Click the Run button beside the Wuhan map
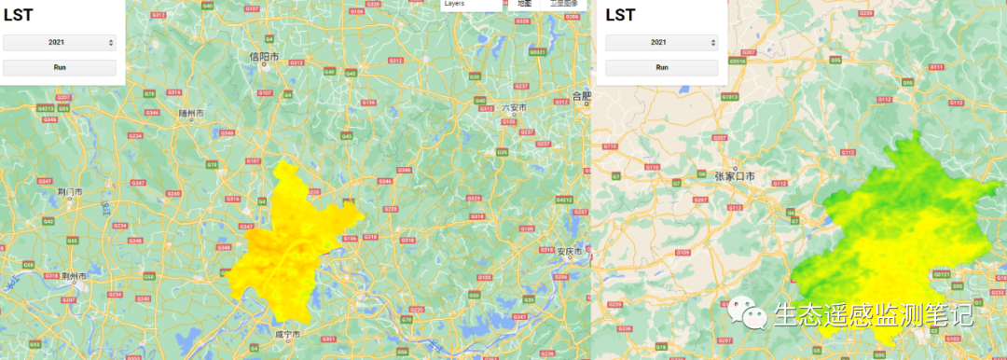point(60,67)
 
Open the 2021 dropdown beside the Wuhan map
point(60,42)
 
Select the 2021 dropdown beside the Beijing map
point(661,42)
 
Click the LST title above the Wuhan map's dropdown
point(20,14)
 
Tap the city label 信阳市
point(264,57)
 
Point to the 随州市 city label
point(191,113)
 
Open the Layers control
point(454,4)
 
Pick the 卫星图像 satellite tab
point(562,4)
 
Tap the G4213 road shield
point(46,108)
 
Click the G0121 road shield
point(942,274)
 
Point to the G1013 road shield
point(729,96)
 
